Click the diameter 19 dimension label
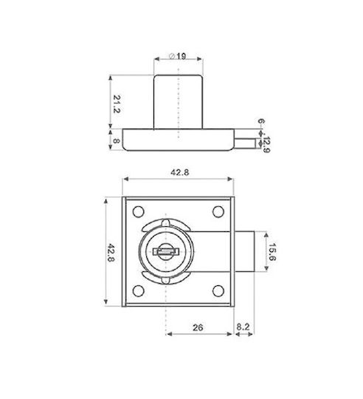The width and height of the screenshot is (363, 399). pos(178,56)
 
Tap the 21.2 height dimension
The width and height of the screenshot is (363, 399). pos(117,104)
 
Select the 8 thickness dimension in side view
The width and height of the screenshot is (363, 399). pos(117,140)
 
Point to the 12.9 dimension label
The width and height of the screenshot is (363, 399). pos(266,145)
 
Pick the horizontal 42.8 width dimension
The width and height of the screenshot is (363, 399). pos(179,172)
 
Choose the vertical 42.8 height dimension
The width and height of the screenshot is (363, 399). pos(111,253)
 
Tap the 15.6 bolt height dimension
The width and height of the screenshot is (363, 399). pos(272,252)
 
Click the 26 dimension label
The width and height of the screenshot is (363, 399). pos(198,327)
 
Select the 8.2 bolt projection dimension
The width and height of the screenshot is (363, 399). pos(243,327)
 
